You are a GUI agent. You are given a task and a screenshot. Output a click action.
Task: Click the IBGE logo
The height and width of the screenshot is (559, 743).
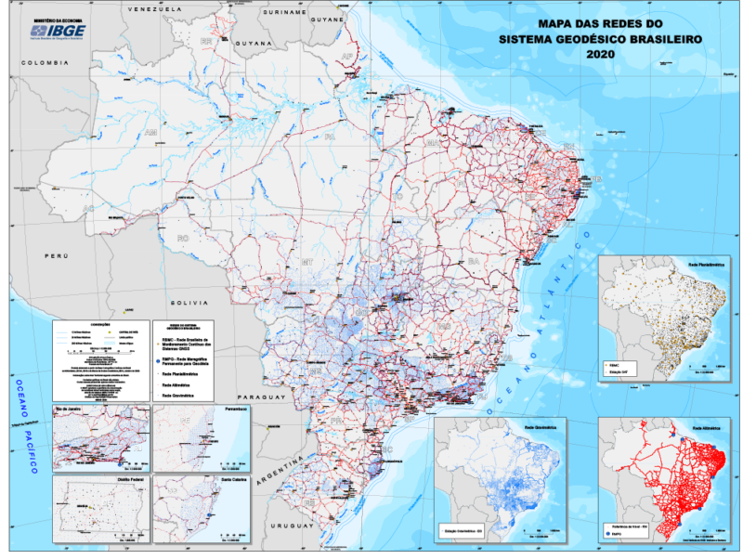tap(58, 29)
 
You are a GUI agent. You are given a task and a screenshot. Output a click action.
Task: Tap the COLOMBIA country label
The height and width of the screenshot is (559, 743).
tap(46, 62)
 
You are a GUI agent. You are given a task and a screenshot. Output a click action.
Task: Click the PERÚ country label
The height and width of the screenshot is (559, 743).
tap(59, 253)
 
